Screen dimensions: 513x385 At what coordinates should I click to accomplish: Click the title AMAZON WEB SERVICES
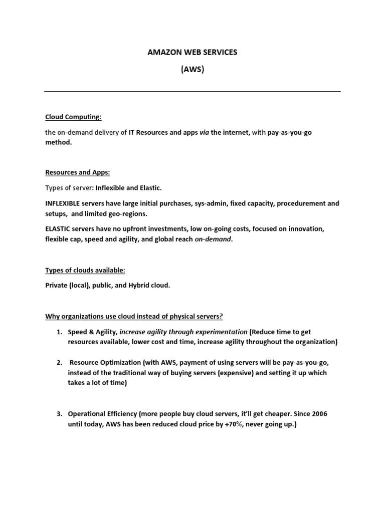[x=192, y=53]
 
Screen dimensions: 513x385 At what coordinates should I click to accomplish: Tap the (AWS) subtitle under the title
[x=192, y=70]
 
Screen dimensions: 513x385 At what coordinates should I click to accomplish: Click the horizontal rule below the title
[x=192, y=92]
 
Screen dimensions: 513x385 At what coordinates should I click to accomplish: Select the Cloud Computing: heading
[x=73, y=117]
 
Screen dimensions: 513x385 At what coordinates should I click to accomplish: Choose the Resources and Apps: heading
[x=78, y=172]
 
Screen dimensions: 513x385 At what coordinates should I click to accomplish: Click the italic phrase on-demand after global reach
[x=213, y=239]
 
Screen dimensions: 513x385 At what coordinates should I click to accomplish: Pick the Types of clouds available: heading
[x=85, y=271]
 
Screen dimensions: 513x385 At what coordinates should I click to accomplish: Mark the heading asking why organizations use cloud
[x=134, y=317]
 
